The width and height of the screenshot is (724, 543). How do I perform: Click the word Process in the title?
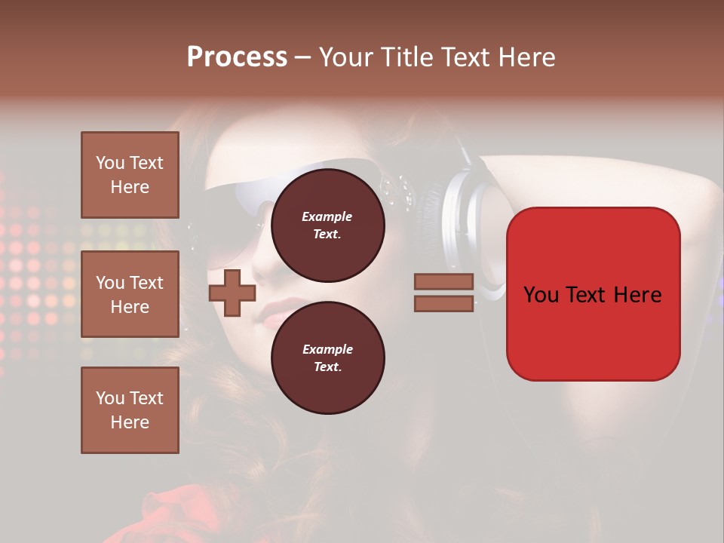(x=237, y=57)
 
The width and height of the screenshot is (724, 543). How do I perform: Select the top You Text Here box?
(x=130, y=175)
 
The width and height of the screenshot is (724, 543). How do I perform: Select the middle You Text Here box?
(x=130, y=294)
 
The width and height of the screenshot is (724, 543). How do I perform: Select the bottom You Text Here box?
(x=130, y=410)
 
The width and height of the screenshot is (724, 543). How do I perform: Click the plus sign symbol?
(x=232, y=293)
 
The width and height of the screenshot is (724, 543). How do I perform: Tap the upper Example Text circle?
(x=327, y=225)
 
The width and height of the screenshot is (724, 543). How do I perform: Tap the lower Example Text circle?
(x=327, y=358)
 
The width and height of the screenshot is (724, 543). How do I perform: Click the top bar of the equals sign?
(x=443, y=282)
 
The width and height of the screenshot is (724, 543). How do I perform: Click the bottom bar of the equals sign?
(x=443, y=303)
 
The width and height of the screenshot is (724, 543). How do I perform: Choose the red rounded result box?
(x=593, y=332)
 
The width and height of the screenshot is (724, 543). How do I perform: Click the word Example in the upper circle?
(x=327, y=216)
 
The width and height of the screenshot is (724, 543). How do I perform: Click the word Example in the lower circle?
(x=327, y=349)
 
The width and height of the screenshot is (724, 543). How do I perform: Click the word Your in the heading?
(x=346, y=57)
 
